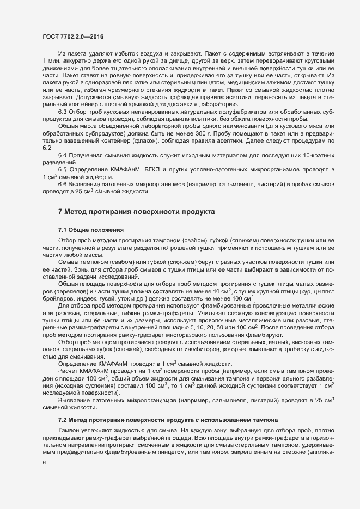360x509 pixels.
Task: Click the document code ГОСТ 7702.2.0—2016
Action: coord(73,36)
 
